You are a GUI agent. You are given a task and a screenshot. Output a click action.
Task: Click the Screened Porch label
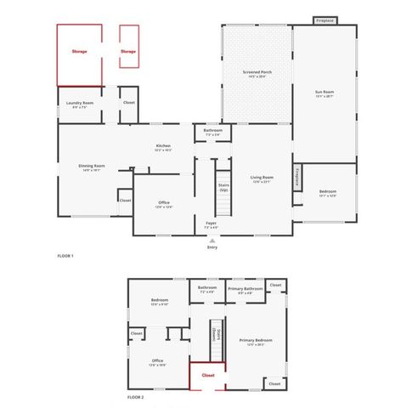coord(257,72)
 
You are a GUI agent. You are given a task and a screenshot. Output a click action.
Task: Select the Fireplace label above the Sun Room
coord(325,20)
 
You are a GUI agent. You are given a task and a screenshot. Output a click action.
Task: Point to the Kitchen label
coord(163,145)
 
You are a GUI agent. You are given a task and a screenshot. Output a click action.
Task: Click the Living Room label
coord(261,177)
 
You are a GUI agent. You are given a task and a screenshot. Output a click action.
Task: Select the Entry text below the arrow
coord(212,247)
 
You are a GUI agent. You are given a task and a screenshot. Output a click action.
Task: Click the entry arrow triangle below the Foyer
coord(212,240)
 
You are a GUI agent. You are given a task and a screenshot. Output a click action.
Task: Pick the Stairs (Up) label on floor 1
coord(224,188)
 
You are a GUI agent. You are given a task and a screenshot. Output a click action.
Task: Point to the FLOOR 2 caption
coord(136,397)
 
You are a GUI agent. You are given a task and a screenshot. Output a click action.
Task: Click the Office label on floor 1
coord(164,203)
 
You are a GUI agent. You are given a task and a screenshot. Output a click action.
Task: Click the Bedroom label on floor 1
coord(327,191)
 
